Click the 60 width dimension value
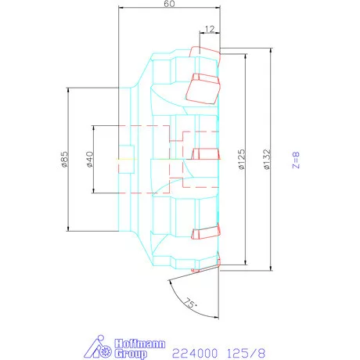(x=168, y=5)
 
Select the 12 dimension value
(x=209, y=29)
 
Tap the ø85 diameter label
(x=62, y=160)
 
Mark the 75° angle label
(x=189, y=303)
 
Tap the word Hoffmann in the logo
(x=135, y=343)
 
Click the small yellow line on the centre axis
(x=125, y=160)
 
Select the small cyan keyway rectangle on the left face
(x=126, y=151)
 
